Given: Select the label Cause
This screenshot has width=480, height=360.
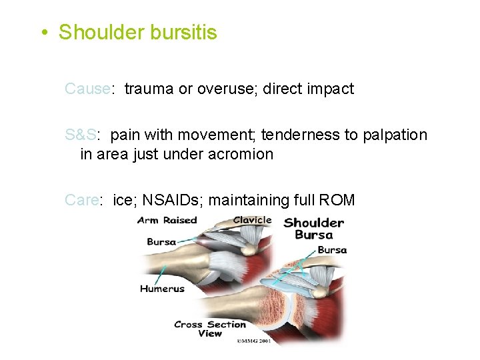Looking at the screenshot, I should click(x=87, y=89).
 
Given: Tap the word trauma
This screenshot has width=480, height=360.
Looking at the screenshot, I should click(x=149, y=89).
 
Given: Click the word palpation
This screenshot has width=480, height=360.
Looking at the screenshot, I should click(x=395, y=135).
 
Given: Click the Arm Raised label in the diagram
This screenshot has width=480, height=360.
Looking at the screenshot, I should click(x=167, y=221).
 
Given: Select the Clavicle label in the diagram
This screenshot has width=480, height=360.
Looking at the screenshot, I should click(x=252, y=220).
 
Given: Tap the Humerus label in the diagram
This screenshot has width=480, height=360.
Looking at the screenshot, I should click(x=162, y=289).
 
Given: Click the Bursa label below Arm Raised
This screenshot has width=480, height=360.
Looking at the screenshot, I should click(x=161, y=241).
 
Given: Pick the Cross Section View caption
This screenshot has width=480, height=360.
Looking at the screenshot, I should click(x=210, y=329).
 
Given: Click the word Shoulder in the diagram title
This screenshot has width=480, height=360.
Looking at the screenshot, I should click(x=313, y=223).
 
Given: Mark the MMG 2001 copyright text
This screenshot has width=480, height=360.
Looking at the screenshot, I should click(x=256, y=342).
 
